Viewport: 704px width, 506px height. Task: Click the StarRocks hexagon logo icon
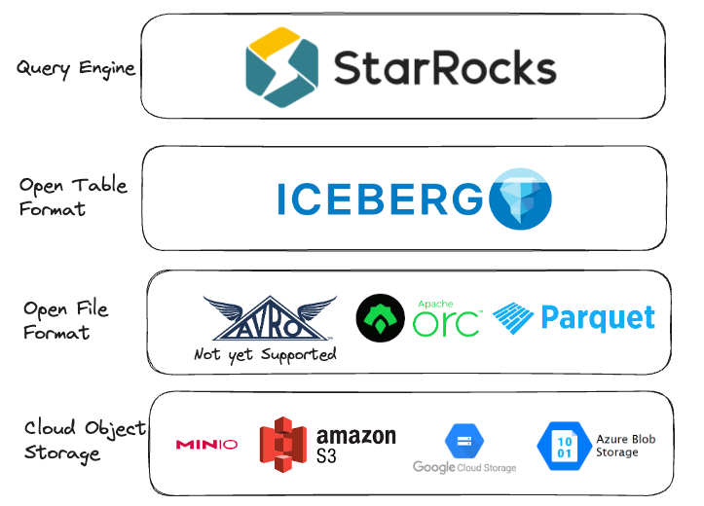coord(281,66)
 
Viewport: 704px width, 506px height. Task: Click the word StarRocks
coord(445,67)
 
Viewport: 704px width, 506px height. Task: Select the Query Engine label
coord(76,68)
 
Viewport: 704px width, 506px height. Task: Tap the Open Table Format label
coord(73,197)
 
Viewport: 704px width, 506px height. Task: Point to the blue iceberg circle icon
coord(520,199)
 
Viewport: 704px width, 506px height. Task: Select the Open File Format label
coord(66,320)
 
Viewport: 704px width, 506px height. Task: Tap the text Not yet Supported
coord(265,354)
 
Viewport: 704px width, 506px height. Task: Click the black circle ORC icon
coord(381,318)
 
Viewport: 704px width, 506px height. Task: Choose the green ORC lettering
coord(446,323)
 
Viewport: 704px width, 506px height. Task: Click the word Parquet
coord(597,317)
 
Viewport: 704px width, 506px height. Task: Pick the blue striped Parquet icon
coord(514,317)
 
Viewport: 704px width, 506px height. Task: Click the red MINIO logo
coord(205,445)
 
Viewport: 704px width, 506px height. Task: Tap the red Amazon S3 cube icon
coord(283,442)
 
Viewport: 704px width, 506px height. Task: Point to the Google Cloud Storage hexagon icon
coord(463,440)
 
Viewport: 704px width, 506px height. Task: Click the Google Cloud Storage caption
coord(463,467)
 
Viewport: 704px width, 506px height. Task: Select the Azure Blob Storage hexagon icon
coord(562,446)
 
